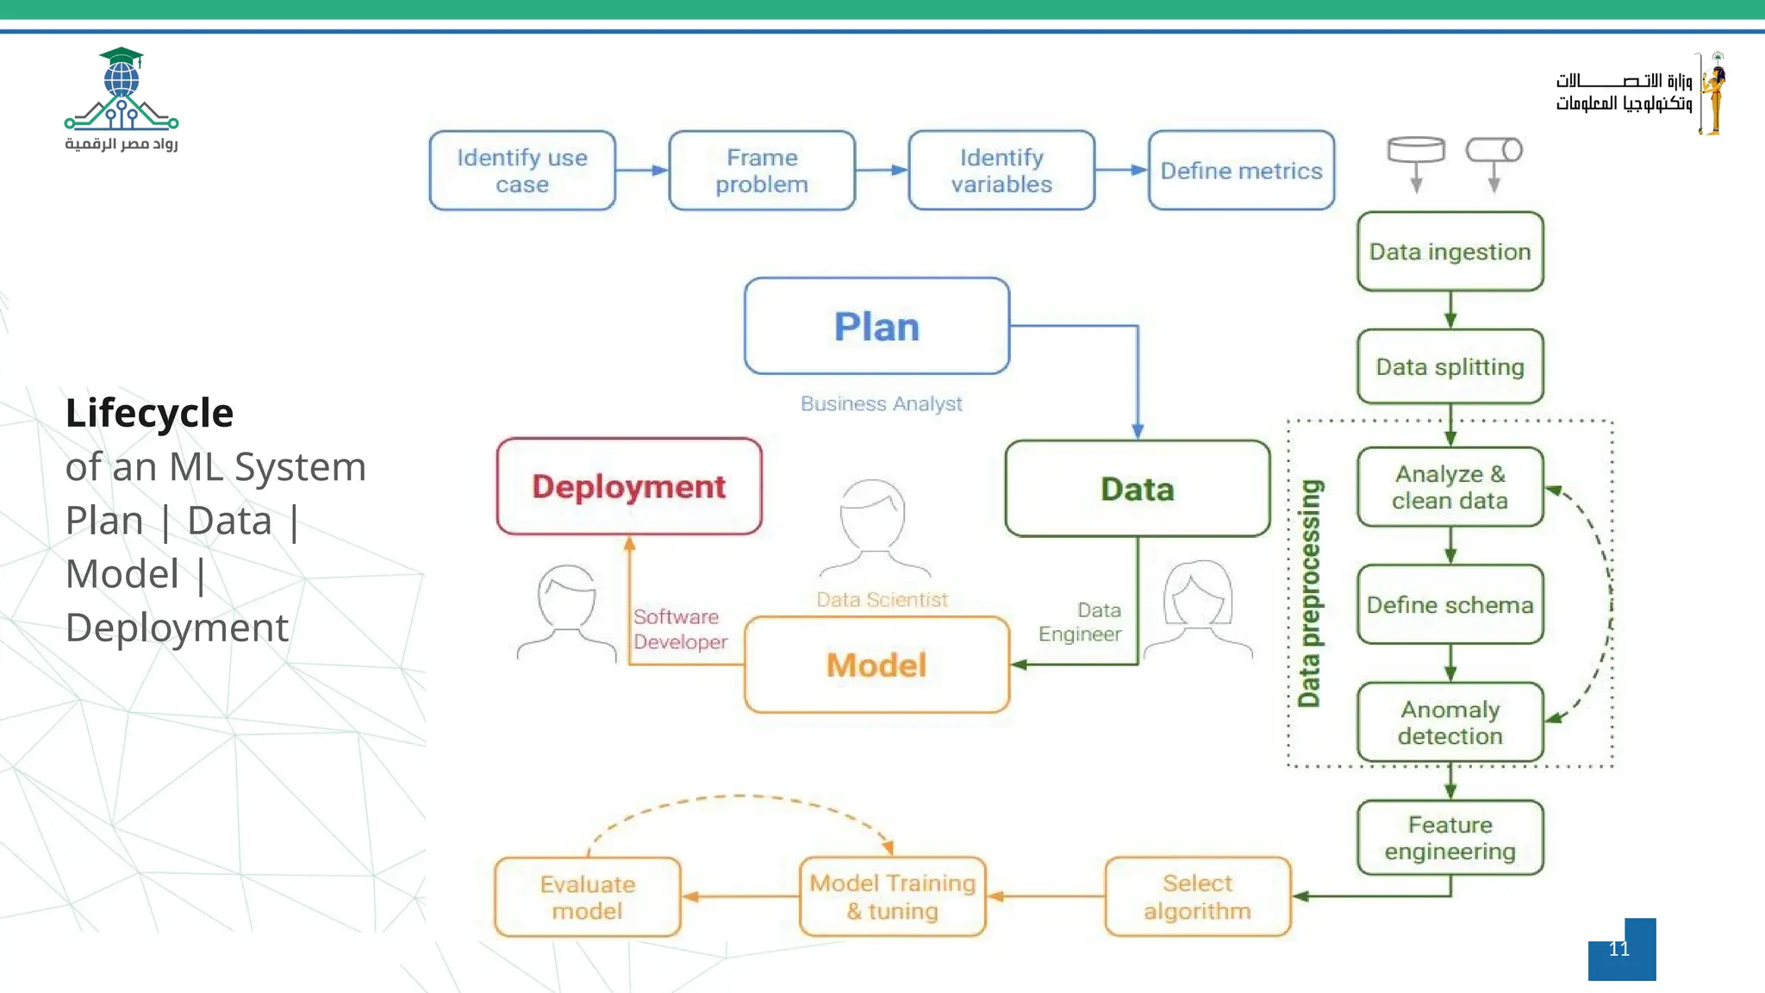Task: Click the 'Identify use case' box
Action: [x=522, y=171]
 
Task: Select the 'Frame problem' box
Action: [x=762, y=171]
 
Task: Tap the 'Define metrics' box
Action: [x=1241, y=171]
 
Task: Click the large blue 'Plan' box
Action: [x=876, y=327]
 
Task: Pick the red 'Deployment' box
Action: [x=629, y=487]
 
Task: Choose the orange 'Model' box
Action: [x=876, y=665]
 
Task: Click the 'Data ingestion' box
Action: [x=1450, y=252]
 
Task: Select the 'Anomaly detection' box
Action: [x=1450, y=722]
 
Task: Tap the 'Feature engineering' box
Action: [x=1450, y=838]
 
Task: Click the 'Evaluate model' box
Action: [x=588, y=897]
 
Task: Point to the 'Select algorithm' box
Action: [x=1197, y=896]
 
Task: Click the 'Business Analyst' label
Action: [x=881, y=403]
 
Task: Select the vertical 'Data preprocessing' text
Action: [x=1309, y=593]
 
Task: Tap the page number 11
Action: [x=1619, y=949]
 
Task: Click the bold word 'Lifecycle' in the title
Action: [x=150, y=413]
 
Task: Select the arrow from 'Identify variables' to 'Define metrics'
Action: [x=1121, y=170]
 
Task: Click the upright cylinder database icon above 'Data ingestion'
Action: [x=1416, y=151]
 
